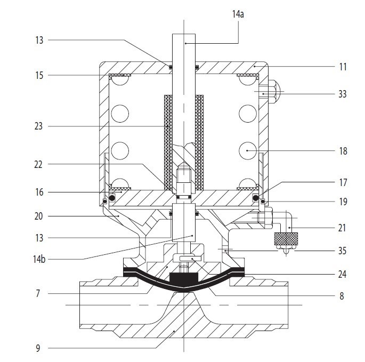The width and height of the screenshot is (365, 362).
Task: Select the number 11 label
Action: click(x=343, y=67)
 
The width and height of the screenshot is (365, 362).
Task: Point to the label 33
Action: click(x=343, y=94)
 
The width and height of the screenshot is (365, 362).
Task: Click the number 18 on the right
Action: click(x=343, y=151)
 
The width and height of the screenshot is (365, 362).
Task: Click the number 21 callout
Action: click(x=343, y=228)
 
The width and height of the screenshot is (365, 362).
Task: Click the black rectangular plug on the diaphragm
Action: click(x=183, y=279)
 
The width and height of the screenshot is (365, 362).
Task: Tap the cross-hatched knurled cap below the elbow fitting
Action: click(x=285, y=239)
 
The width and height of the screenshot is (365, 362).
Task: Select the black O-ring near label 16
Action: click(x=111, y=199)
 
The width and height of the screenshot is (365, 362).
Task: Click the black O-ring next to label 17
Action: click(x=256, y=198)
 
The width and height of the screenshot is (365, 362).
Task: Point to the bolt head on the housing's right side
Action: click(x=274, y=92)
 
